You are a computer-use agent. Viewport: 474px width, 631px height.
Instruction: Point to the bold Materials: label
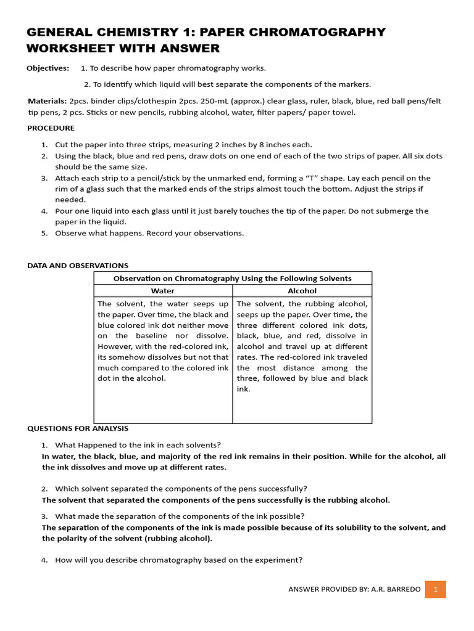pos(48,100)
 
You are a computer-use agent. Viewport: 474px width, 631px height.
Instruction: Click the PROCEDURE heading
pos(51,128)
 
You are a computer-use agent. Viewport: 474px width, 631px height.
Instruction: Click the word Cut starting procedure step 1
pos(62,144)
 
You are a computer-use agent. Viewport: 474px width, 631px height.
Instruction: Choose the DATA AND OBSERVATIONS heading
pos(78,266)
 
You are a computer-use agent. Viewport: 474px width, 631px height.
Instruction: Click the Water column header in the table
pos(163,291)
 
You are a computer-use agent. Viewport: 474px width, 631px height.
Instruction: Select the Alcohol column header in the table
pos(302,291)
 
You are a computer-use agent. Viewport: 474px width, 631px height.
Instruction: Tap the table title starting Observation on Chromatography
pos(233,279)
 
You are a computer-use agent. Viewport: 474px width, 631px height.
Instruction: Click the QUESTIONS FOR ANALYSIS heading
pos(78,428)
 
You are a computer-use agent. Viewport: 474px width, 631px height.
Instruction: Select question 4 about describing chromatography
pos(178,560)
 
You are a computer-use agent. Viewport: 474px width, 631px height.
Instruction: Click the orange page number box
pos(436,589)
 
